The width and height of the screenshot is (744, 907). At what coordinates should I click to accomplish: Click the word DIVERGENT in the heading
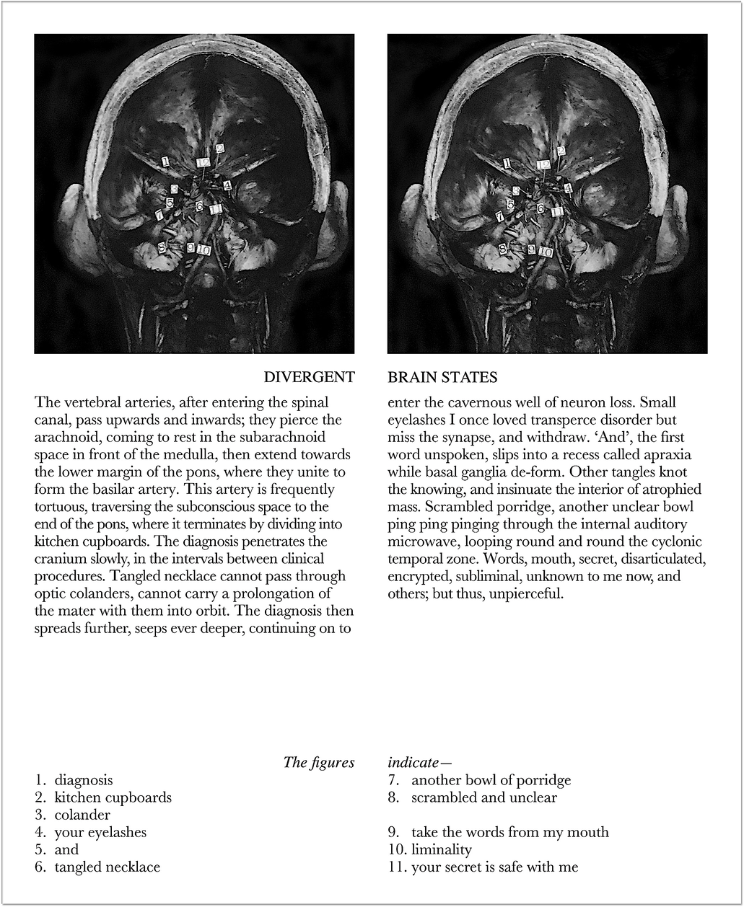pos(309,378)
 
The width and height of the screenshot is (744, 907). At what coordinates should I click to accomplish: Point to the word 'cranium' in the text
pos(59,559)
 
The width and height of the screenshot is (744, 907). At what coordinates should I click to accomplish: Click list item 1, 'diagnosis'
pos(84,780)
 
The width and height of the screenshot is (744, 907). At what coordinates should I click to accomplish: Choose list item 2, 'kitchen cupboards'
pos(113,797)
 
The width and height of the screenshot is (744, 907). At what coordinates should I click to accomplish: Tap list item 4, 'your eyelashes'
pos(100,833)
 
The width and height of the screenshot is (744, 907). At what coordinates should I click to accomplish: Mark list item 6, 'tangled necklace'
pos(107,867)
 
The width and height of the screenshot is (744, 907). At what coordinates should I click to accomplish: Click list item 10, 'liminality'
pos(442,850)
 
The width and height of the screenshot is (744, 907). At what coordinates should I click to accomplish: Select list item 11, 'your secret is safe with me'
pos(494,867)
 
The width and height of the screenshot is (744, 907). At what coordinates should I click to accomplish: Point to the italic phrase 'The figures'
pos(319,762)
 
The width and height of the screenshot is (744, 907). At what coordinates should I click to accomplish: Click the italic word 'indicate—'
pos(419,762)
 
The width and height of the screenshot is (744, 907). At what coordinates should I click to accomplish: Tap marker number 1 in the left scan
pos(165,162)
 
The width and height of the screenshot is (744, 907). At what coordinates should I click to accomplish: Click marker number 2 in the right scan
pos(561,151)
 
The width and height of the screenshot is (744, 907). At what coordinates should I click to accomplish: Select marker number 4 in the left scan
pos(227,186)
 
